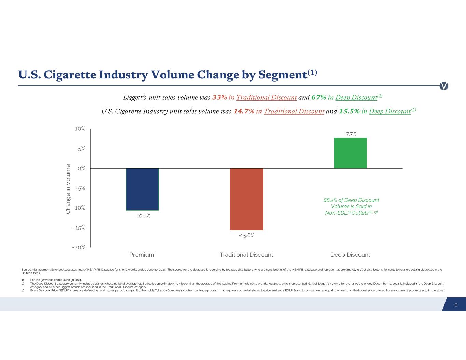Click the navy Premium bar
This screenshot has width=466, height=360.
142,189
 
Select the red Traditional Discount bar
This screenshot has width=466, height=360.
246,199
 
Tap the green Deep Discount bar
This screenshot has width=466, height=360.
350,153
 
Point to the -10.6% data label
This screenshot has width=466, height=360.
142,216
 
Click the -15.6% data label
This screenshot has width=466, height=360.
246,235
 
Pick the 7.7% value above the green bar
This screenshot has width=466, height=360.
351,134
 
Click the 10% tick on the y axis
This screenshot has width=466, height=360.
80,129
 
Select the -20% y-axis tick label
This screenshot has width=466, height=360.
79,247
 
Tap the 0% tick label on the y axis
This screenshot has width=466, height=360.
81,168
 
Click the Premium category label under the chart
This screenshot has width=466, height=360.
142,255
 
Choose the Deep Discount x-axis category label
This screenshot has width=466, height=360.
350,255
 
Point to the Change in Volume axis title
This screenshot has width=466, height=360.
68,189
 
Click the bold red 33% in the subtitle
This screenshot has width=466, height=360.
220,97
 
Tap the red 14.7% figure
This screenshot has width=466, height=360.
244,111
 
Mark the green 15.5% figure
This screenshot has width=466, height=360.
349,111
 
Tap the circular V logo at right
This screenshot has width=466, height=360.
444,86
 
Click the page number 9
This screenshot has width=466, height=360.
456,305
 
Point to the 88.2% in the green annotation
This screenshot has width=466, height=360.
331,200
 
